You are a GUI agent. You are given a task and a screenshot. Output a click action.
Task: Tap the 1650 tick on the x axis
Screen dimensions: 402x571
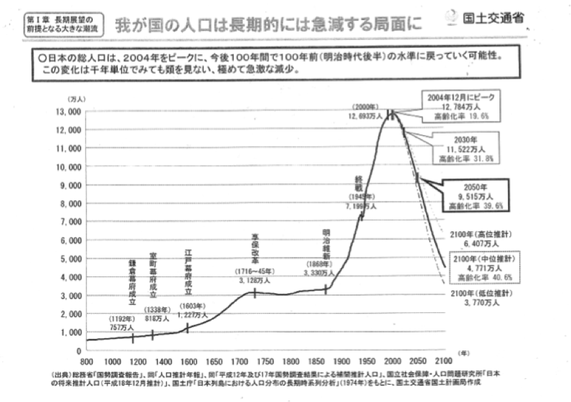point(215,361)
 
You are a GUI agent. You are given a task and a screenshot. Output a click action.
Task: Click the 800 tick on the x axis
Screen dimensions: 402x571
point(88,361)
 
